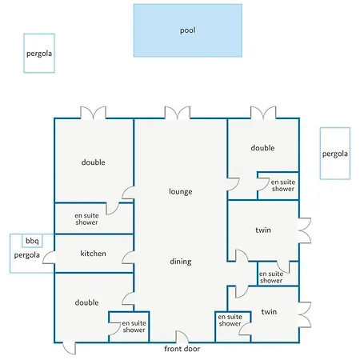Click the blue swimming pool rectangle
pyautogui.click(x=188, y=30)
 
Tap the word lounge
pyautogui.click(x=181, y=191)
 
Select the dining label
pyautogui.click(x=181, y=262)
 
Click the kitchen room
pyautogui.click(x=94, y=254)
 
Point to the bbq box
pyautogui.click(x=32, y=241)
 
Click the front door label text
pyautogui.click(x=182, y=349)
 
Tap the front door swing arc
pyautogui.click(x=182, y=337)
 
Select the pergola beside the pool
pyautogui.click(x=39, y=54)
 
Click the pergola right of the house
pyautogui.click(x=335, y=154)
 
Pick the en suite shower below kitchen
pyautogui.click(x=129, y=326)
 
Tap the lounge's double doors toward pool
pyautogui.click(x=178, y=113)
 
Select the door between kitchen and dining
pyautogui.click(x=128, y=258)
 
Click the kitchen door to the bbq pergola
pyautogui.click(x=49, y=258)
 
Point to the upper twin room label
pyautogui.click(x=263, y=230)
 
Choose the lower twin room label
pyautogui.click(x=269, y=312)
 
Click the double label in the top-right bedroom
pyautogui.click(x=262, y=148)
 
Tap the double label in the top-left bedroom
pyautogui.click(x=94, y=162)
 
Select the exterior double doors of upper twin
pyautogui.click(x=305, y=230)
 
